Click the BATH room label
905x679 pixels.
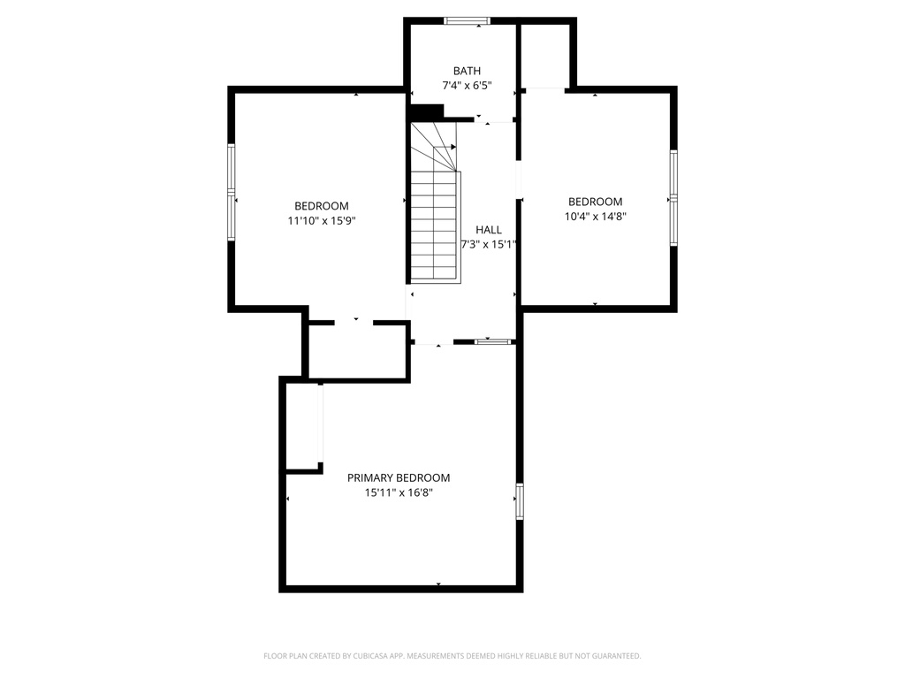(467, 71)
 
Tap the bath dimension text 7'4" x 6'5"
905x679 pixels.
(467, 86)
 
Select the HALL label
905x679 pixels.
(488, 230)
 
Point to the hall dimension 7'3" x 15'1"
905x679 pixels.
(488, 244)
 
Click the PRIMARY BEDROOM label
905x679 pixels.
(399, 478)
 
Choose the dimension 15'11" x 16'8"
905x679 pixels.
(399, 492)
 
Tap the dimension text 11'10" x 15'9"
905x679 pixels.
(322, 220)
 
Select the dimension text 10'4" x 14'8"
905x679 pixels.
(595, 217)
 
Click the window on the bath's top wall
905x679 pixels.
(467, 21)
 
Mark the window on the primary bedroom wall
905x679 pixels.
(520, 501)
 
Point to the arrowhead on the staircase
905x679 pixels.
(453, 148)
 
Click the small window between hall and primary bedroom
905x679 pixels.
(493, 342)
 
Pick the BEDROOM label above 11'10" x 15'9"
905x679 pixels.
(322, 206)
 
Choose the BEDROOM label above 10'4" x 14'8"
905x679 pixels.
(595, 202)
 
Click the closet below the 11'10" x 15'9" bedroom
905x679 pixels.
(358, 350)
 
